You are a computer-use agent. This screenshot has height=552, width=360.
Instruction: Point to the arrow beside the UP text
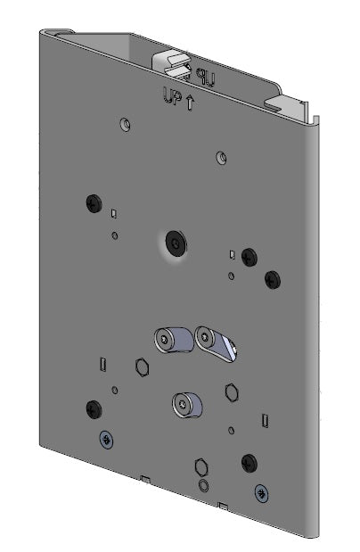(191, 102)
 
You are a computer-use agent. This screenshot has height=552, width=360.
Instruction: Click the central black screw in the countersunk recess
(176, 243)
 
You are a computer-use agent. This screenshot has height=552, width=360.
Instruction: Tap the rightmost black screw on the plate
(272, 280)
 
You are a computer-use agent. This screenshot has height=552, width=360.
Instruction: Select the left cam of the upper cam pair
(168, 340)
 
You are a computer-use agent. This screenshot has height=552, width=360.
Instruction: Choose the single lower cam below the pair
(185, 405)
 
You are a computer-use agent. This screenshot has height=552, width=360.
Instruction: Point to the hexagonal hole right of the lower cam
(231, 392)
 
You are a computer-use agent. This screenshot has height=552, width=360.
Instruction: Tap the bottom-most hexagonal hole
(203, 466)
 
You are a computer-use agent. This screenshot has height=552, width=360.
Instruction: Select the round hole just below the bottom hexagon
(204, 486)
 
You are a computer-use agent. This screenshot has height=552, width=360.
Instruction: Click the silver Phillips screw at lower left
(106, 439)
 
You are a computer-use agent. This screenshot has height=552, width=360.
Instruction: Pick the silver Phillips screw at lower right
(260, 491)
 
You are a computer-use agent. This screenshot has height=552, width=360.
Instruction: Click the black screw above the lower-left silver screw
(93, 409)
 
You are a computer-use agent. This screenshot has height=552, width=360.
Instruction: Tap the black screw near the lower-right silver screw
(249, 461)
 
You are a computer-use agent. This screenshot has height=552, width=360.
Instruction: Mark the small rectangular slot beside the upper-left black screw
(114, 214)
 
